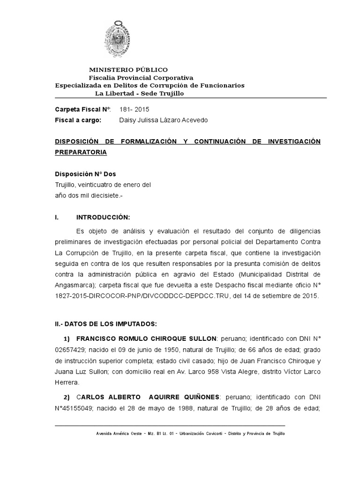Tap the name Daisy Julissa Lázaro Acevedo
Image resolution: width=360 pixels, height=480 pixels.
click(164, 120)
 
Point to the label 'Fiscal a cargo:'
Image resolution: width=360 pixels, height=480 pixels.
click(78, 120)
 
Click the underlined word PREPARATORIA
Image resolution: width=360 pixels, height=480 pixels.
click(81, 152)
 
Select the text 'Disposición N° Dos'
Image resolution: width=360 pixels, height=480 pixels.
click(82, 174)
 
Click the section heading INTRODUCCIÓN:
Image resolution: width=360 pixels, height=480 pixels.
click(102, 218)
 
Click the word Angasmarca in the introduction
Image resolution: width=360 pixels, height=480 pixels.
click(76, 285)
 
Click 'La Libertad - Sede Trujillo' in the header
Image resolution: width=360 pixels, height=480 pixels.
click(140, 93)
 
